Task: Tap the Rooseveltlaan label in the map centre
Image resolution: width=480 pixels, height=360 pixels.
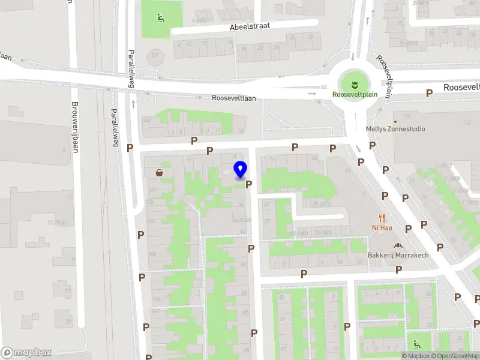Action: coord(238,98)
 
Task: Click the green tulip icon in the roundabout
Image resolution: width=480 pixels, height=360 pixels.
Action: coord(354,82)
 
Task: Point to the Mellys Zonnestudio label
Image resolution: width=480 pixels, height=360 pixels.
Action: coord(395,128)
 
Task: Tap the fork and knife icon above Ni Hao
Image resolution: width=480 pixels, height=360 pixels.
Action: coord(382,218)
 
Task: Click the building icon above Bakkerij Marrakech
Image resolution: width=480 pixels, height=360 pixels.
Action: coord(397,245)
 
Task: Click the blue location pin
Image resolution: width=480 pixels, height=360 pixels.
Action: coord(241,169)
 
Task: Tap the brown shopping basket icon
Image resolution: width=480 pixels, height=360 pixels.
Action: coord(159,173)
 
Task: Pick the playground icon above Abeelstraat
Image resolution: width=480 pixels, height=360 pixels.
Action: coord(160,18)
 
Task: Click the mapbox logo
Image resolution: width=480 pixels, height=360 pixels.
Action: coord(26,353)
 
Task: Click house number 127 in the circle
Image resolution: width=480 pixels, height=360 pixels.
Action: coord(155,56)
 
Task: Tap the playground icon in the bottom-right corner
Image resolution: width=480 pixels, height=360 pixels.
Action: coord(416,344)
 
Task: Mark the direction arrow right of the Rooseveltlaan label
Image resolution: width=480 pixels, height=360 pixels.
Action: coord(311,94)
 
